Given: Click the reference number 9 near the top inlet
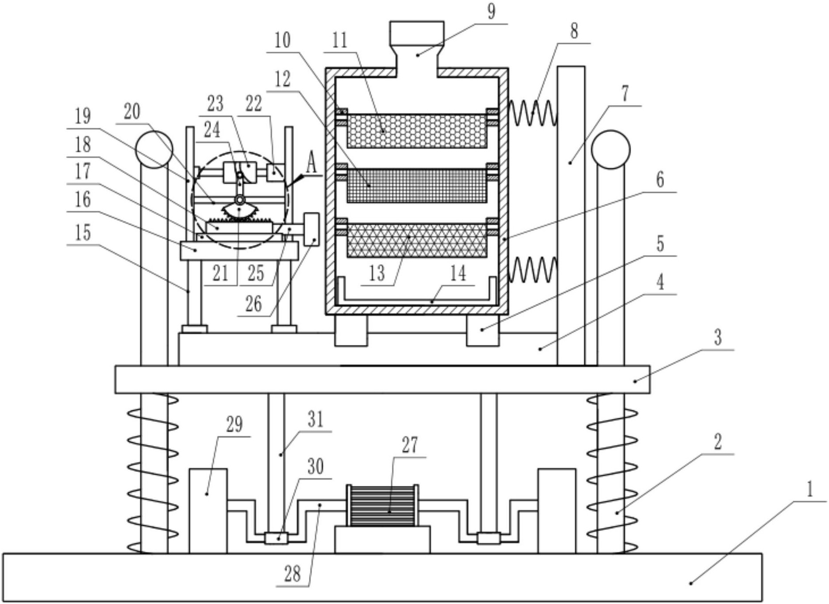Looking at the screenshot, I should (x=491, y=11).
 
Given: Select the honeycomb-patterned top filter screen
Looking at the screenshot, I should (x=417, y=131).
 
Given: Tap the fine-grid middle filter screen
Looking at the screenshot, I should (x=417, y=186).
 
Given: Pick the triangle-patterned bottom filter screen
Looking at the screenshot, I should (x=417, y=240).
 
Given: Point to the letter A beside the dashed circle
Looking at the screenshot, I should (x=311, y=163).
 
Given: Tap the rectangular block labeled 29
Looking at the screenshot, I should (x=208, y=510).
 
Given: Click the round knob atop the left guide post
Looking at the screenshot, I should (x=154, y=149).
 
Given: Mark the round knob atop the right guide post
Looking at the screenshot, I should (x=610, y=149).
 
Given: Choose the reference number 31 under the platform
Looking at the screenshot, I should (x=316, y=419).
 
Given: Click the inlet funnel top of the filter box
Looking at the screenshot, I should (x=417, y=34).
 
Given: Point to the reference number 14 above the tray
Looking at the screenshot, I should (x=458, y=274).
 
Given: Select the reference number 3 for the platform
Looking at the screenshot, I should (x=718, y=338).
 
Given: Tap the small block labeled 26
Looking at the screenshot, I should (x=312, y=229).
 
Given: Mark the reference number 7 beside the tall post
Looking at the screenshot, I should (x=625, y=94).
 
